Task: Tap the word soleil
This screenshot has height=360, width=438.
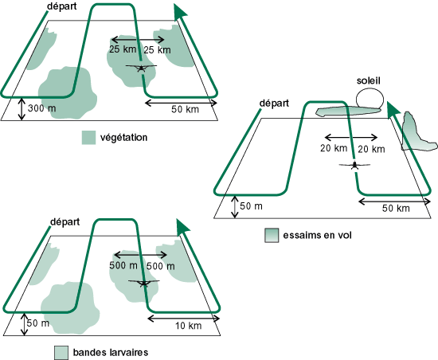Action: pyautogui.click(x=369, y=80)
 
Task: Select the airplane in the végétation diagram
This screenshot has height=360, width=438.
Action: pyautogui.click(x=141, y=68)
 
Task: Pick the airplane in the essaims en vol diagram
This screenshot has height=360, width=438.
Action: pyautogui.click(x=354, y=165)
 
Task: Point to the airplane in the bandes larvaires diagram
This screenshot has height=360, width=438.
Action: pyautogui.click(x=144, y=283)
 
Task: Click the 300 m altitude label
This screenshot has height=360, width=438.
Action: pyautogui.click(x=42, y=108)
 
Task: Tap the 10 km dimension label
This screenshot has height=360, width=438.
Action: pyautogui.click(x=188, y=326)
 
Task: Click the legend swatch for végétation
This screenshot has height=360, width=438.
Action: pyautogui.click(x=88, y=138)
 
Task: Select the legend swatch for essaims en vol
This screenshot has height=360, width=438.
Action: pyautogui.click(x=272, y=235)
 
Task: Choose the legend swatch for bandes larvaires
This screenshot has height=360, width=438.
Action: pyautogui.click(x=61, y=353)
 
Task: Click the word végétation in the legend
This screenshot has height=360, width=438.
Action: pyautogui.click(x=123, y=138)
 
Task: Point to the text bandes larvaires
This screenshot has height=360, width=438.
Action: pyautogui.click(x=111, y=353)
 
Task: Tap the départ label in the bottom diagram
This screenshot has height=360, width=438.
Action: pyautogui.click(x=65, y=222)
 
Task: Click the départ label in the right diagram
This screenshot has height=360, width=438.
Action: pyautogui.click(x=274, y=104)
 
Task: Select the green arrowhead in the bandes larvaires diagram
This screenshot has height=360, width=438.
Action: pyautogui.click(x=182, y=227)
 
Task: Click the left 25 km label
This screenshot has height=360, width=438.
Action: pyautogui.click(x=123, y=49)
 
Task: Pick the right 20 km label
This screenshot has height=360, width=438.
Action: pyautogui.click(x=371, y=149)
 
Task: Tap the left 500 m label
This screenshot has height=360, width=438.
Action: pyautogui.click(x=123, y=265)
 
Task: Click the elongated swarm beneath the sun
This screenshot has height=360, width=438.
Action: pyautogui.click(x=348, y=112)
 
